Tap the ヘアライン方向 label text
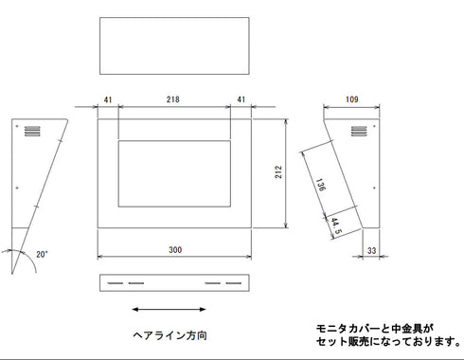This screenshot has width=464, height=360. click(x=170, y=335)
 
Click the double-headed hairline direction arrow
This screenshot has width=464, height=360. click(x=170, y=309)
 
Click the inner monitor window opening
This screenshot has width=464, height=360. click(x=174, y=173)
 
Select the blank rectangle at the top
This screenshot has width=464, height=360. click(x=174, y=46)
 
